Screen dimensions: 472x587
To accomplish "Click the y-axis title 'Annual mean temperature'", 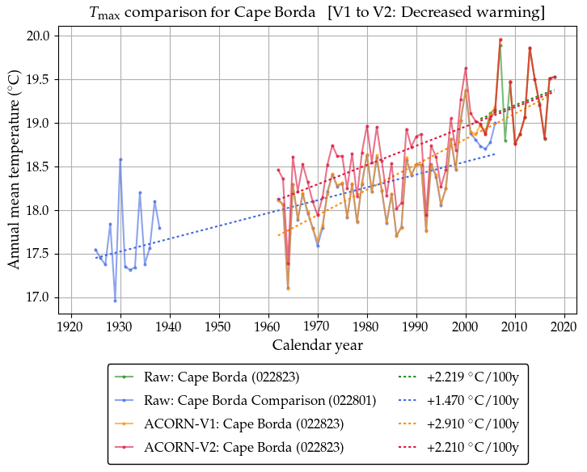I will tap(14, 168).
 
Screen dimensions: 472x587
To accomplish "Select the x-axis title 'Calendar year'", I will tap(316, 345).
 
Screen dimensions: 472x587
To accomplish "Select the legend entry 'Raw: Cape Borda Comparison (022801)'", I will tap(259, 400).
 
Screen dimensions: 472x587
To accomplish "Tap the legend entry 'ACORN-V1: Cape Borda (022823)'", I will tap(243, 424).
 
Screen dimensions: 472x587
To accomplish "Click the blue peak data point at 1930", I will tap(120, 159).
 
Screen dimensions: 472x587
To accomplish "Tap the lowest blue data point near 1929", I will tap(115, 301).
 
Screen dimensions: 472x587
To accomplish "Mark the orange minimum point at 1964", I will tap(288, 289).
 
